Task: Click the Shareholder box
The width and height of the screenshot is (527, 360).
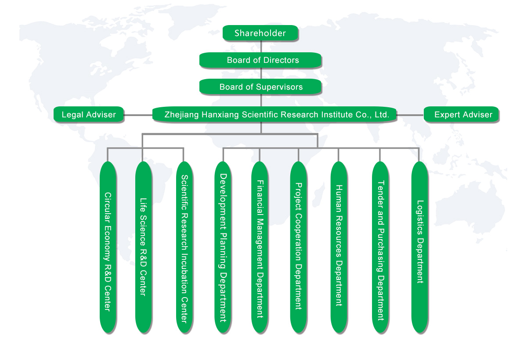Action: tap(260, 33)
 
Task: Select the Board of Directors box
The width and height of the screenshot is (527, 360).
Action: tap(261, 60)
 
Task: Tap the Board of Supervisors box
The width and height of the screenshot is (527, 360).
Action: tap(261, 87)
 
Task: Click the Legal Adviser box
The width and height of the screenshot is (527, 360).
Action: tap(89, 115)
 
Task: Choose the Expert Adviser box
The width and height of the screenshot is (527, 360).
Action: tap(462, 115)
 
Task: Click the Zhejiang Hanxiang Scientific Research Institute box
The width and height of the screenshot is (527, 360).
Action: tap(275, 115)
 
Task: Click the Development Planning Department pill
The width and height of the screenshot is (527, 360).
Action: tap(223, 247)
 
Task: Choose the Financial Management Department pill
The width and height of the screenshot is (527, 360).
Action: tap(260, 247)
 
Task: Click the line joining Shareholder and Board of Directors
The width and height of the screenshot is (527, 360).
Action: tap(262, 47)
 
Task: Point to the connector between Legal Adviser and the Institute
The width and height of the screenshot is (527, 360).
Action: tap(138, 115)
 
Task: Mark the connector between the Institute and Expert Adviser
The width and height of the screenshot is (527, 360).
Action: tap(410, 115)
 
